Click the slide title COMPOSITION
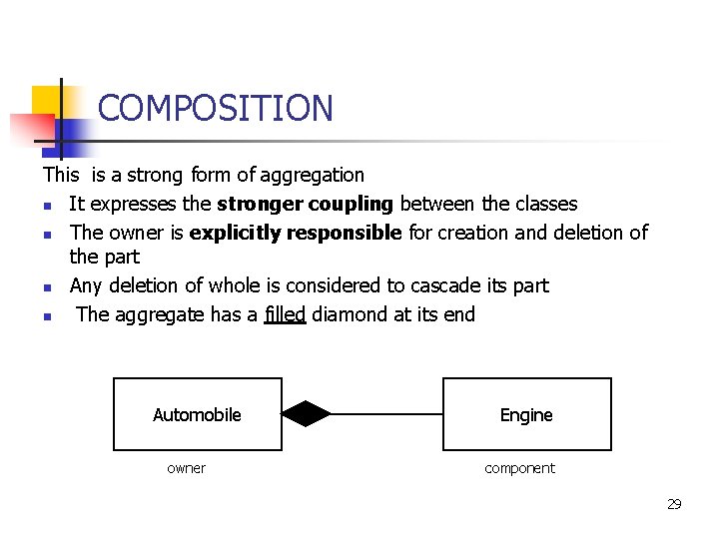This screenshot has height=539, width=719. [x=215, y=108]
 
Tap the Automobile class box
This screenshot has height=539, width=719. [x=198, y=414]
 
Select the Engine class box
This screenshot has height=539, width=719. [x=526, y=414]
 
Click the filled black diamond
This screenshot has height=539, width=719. [x=306, y=413]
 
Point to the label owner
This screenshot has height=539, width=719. [x=186, y=468]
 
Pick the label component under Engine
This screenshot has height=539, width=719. [x=519, y=468]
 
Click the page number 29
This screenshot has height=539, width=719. [x=674, y=504]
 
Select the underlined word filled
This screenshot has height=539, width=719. [x=285, y=314]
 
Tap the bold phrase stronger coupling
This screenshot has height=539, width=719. [x=306, y=204]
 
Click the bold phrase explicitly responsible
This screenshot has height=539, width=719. [x=296, y=233]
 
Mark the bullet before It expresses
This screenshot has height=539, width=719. [x=48, y=206]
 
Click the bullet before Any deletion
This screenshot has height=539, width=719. [x=48, y=287]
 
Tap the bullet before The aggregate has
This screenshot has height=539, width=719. [x=48, y=316]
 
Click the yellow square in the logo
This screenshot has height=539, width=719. [x=46, y=101]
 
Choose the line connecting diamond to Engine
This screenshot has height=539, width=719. [x=386, y=413]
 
